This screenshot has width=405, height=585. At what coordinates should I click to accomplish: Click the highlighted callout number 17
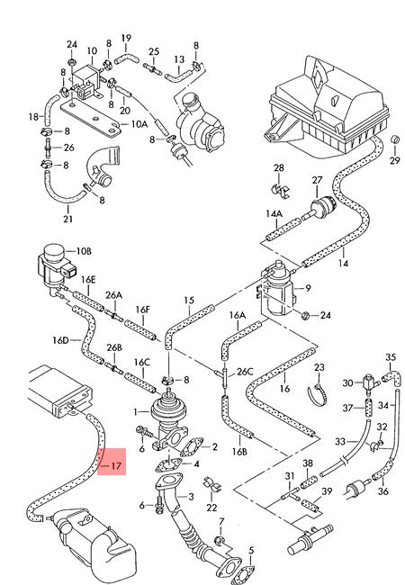(x=115, y=465)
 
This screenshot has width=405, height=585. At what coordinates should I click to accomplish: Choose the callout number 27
(x=316, y=180)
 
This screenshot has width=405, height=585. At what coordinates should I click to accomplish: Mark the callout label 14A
(x=274, y=213)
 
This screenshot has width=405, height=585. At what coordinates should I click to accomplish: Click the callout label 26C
(x=244, y=372)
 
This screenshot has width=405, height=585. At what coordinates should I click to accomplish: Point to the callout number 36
(x=382, y=491)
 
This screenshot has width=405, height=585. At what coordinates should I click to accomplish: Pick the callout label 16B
(x=238, y=452)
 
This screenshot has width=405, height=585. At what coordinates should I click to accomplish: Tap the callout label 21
(x=67, y=219)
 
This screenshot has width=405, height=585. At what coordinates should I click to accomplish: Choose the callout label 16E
(x=88, y=280)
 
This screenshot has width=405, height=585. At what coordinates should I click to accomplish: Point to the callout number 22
(x=211, y=508)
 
